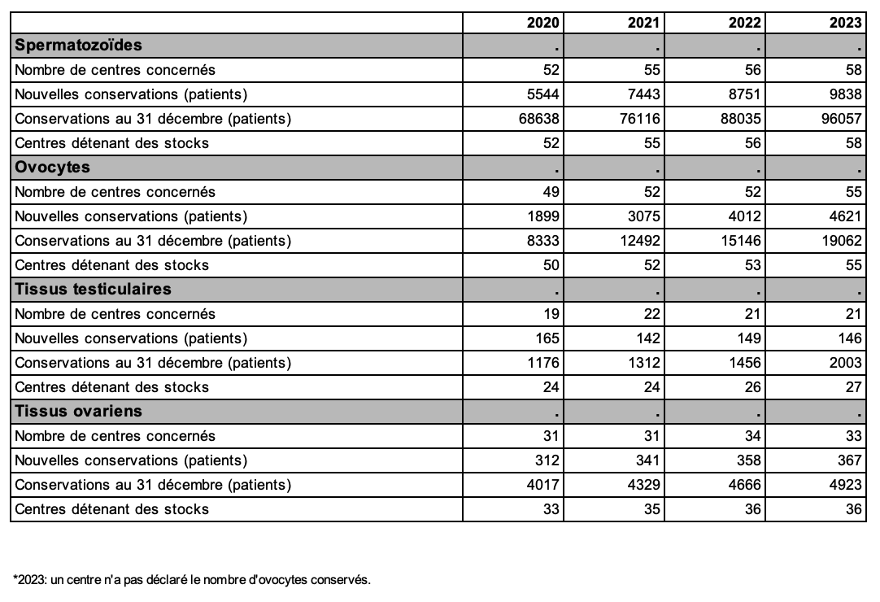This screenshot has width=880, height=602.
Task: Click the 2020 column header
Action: (x=542, y=23)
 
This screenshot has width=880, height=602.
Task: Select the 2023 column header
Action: (x=845, y=23)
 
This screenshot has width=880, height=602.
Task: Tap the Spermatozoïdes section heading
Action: (x=78, y=45)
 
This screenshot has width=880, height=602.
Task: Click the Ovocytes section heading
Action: (x=52, y=168)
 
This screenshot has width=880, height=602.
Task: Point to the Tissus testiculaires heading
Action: (x=93, y=290)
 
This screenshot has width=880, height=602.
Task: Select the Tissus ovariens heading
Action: (x=78, y=411)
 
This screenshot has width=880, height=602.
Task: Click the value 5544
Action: (x=542, y=94)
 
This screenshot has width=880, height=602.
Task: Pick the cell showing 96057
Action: (x=841, y=119)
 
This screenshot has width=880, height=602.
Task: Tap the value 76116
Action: (x=640, y=119)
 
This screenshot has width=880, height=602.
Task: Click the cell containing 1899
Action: (x=542, y=216)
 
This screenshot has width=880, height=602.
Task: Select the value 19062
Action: (x=841, y=240)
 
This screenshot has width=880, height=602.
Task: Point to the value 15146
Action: (x=741, y=240)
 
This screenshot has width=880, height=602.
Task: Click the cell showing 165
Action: (x=547, y=338)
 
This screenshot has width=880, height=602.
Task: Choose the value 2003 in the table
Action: (x=845, y=363)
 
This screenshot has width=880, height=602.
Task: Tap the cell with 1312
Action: (x=643, y=363)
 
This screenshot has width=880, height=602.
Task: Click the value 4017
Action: (x=542, y=485)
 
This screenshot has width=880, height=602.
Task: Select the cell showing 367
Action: (x=849, y=460)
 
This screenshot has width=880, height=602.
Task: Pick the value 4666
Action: (x=745, y=485)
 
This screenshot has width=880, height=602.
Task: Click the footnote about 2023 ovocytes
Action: (x=192, y=579)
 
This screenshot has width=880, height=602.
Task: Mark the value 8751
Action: (x=745, y=94)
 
